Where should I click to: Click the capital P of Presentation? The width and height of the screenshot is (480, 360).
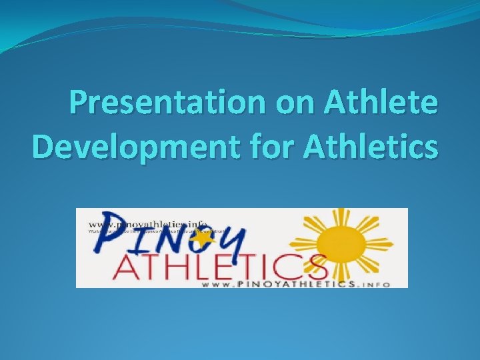point(83,104)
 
